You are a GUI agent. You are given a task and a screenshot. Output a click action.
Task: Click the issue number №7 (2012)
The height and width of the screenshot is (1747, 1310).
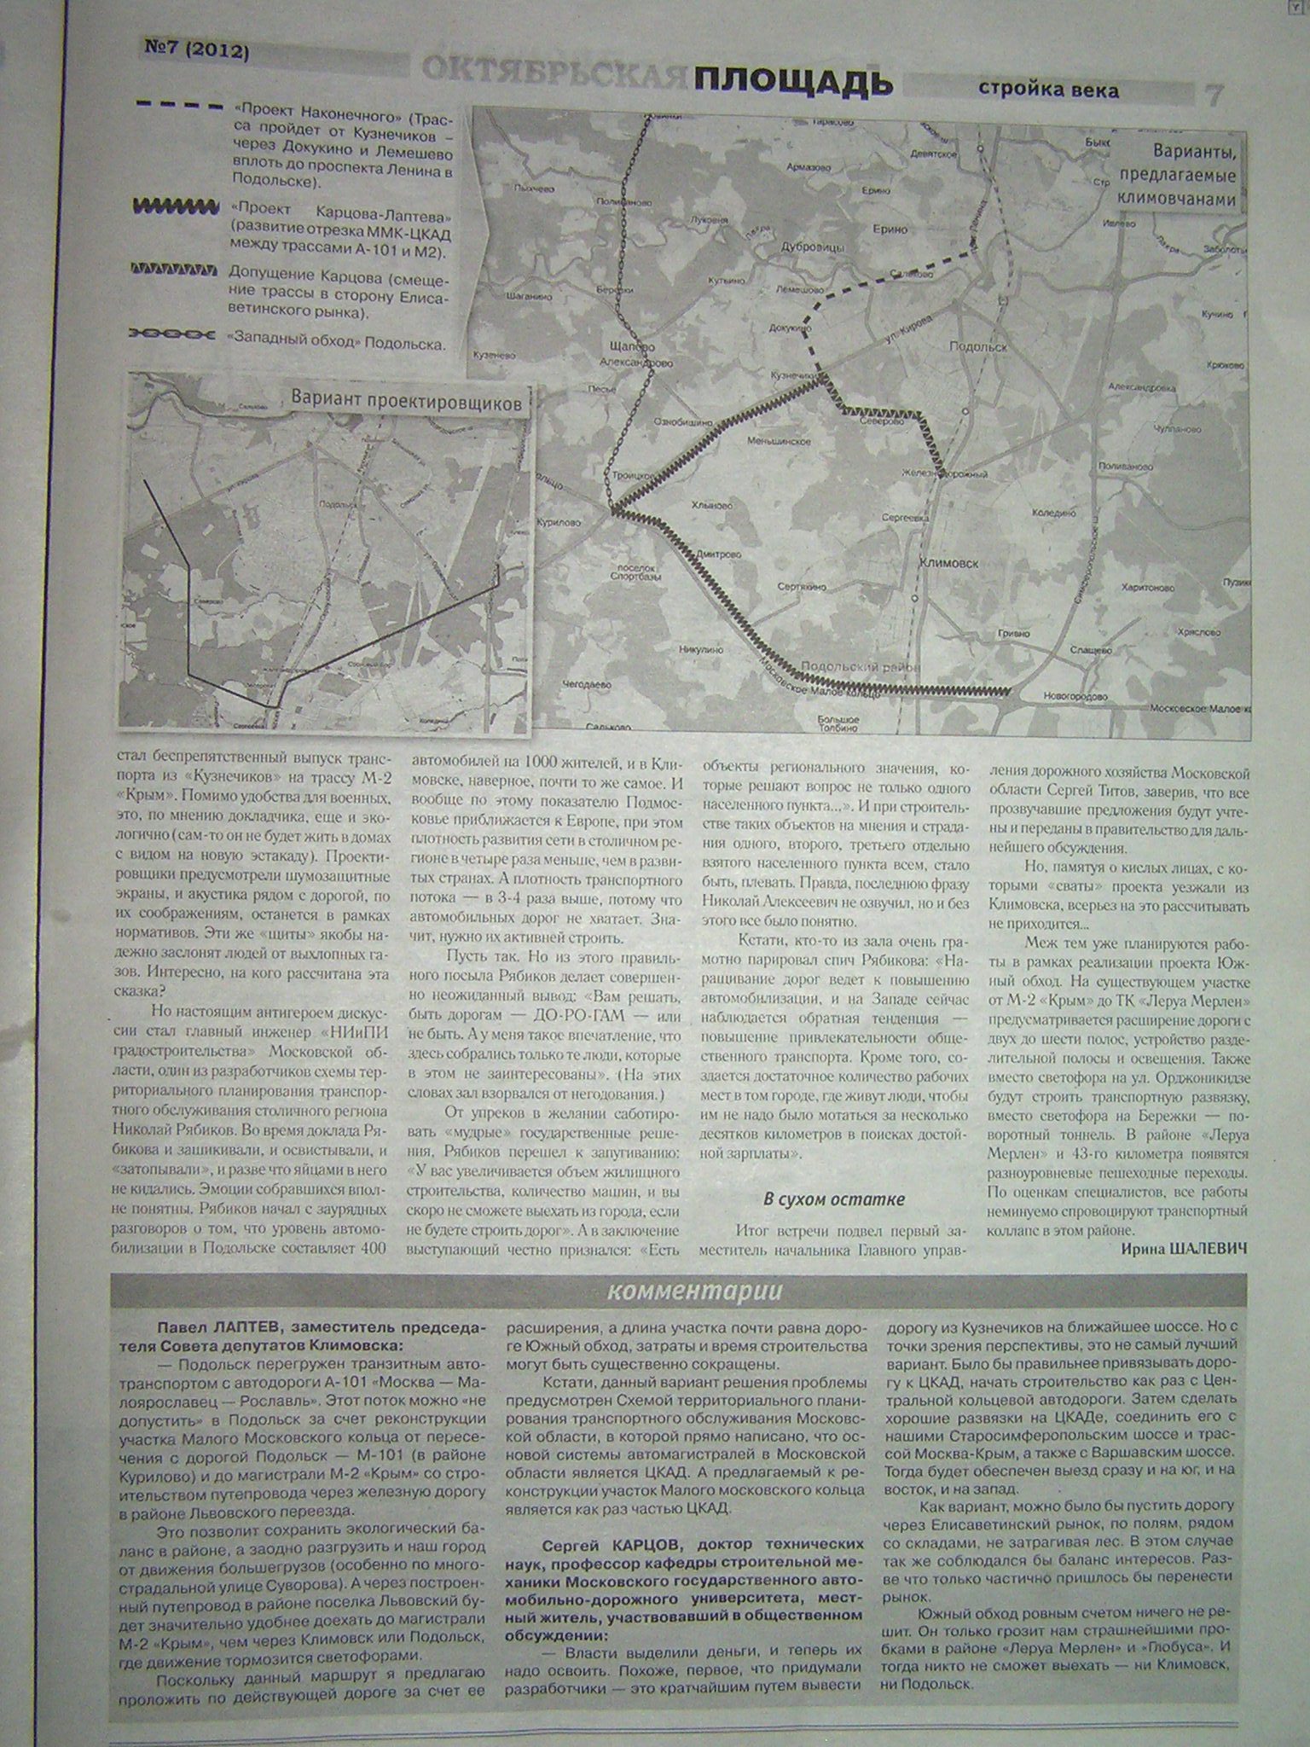[195, 52]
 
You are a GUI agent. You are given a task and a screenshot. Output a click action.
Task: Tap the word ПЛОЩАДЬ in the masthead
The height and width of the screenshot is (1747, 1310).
[794, 83]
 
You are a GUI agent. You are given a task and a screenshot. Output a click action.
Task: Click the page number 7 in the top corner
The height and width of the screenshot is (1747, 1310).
[1211, 93]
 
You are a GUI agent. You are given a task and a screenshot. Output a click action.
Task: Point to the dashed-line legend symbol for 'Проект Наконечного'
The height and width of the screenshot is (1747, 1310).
[179, 107]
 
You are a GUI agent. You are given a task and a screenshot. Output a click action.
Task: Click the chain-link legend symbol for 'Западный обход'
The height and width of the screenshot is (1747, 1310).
[171, 334]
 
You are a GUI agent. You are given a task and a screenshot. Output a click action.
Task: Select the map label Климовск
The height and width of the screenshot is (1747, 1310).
[948, 563]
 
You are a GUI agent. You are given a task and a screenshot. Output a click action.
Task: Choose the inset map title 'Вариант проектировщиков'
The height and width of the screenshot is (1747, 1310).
[405, 403]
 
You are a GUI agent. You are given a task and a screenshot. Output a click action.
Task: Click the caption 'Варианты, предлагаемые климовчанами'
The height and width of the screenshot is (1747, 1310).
[1180, 177]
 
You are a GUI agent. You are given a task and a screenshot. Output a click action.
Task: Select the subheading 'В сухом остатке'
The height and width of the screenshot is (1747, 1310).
[833, 1199]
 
